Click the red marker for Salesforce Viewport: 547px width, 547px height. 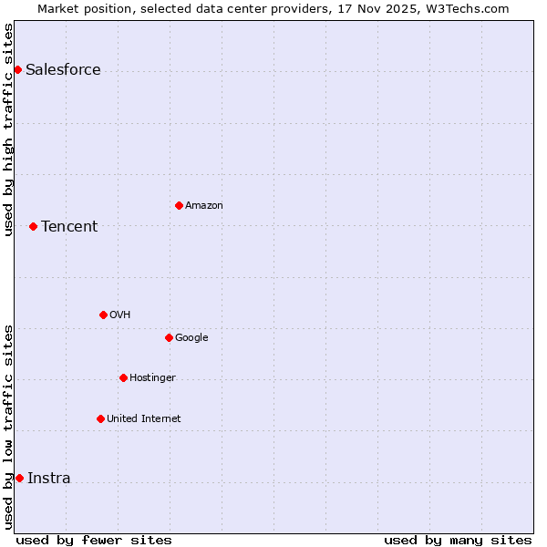(x=17, y=69)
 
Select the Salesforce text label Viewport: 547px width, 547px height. (x=63, y=70)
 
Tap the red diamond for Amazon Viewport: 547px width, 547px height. (x=179, y=205)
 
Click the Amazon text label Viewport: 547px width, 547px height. (x=203, y=206)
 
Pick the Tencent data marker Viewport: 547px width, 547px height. (x=33, y=226)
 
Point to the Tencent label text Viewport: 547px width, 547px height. (x=69, y=227)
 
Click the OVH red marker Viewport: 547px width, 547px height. (x=103, y=315)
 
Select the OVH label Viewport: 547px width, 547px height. (x=119, y=315)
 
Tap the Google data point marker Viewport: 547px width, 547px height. (x=169, y=337)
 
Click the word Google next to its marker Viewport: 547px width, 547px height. (x=191, y=338)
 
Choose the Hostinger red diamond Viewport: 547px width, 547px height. (x=123, y=377)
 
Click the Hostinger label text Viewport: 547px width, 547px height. (x=152, y=378)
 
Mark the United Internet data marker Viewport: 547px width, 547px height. (x=100, y=418)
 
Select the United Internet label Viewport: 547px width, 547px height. (x=143, y=419)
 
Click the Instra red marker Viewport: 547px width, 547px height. (x=19, y=478)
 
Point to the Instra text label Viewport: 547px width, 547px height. (x=48, y=479)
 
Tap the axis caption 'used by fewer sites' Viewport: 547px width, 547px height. (x=94, y=540)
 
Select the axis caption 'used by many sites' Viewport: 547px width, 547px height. (x=458, y=540)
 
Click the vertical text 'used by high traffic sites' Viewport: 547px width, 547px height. (x=8, y=129)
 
